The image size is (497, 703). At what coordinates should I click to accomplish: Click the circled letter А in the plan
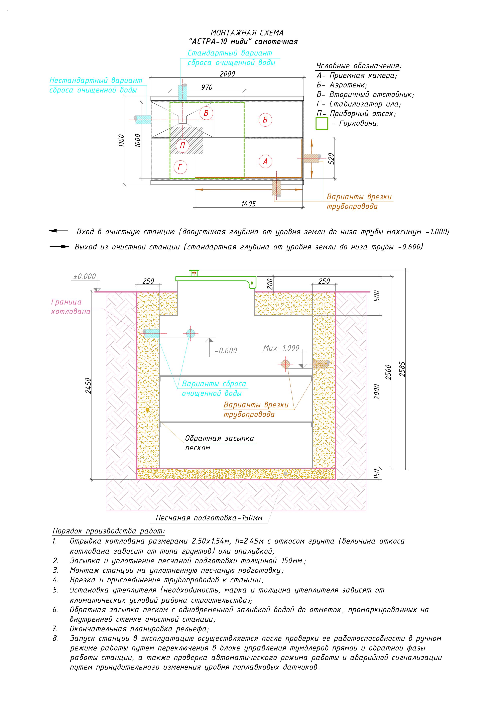pos(265,161)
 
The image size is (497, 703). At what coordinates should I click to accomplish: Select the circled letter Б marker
pos(265,120)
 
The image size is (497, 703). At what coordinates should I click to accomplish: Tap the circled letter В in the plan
pos(206,113)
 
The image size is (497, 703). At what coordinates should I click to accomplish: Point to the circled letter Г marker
pos(180,167)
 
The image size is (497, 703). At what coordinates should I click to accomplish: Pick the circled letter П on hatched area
pos(182,145)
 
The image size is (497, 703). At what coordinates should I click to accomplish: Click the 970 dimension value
pos(207,88)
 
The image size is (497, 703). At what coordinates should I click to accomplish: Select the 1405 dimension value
pos(248,204)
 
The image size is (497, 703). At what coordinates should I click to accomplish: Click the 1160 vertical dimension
pos(122,140)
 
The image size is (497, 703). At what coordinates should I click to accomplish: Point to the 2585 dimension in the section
pos(402,369)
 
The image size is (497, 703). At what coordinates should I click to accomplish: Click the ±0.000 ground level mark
pos(85,276)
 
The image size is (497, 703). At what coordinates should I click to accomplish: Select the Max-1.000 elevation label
pos(281,348)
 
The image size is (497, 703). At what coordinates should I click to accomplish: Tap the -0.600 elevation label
pos(226,351)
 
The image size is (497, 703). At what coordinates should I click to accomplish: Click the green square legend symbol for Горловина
pos(322,123)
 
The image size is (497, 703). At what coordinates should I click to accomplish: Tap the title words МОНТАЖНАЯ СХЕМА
pos(247,33)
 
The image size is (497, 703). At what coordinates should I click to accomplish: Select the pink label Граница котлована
pos(71,307)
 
